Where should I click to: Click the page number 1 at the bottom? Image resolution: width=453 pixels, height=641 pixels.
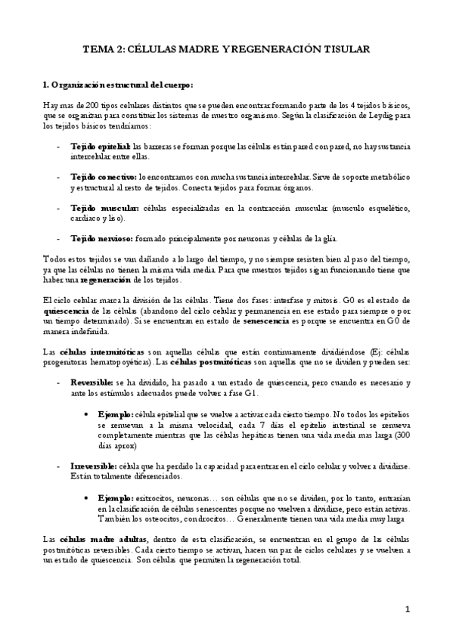pos(408,609)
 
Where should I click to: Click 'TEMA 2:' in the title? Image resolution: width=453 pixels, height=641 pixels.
pos(104,49)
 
